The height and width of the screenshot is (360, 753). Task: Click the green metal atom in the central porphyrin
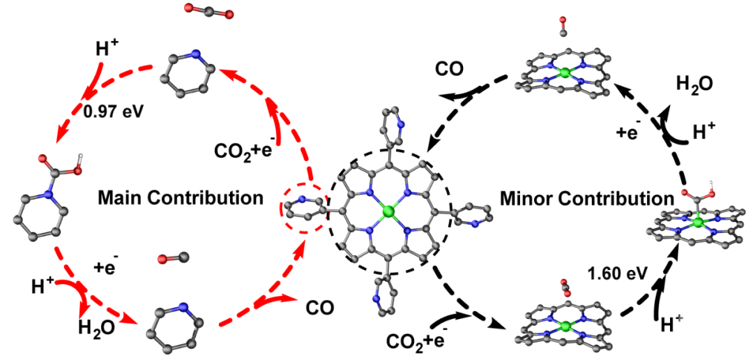coord(389,210)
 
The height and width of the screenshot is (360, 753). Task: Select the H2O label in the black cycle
coord(697,84)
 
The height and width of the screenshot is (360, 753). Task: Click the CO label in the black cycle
coord(450,70)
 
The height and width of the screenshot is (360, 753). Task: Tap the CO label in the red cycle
coord(320,307)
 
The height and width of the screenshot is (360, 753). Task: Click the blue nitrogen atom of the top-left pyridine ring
coord(196,54)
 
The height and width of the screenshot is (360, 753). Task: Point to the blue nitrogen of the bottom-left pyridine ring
coord(183,307)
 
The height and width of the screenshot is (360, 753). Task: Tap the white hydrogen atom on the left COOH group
coord(81,157)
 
